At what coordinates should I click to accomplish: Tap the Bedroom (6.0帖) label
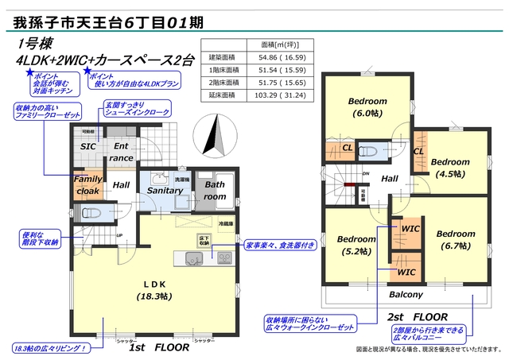pos(367,107)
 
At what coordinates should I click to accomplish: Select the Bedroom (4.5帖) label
pos(452,168)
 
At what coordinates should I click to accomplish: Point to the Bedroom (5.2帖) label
pos(356,245)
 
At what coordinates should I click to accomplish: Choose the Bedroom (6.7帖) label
pos(455,240)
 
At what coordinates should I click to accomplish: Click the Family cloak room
pos(88,185)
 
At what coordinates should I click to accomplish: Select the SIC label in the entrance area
pos(88,146)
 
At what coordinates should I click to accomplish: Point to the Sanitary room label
pos(165,191)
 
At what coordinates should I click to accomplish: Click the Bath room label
pos(216,190)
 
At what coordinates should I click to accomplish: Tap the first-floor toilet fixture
pos(87,214)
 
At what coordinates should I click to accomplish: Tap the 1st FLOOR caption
pos(159,348)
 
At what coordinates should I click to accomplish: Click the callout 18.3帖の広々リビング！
pos(49,348)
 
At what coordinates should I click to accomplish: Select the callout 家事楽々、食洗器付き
pos(280,245)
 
